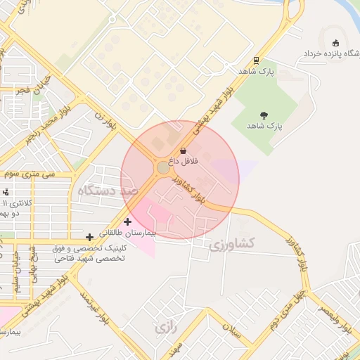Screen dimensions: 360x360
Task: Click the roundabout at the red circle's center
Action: (163, 168)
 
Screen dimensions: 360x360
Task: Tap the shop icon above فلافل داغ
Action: (184, 150)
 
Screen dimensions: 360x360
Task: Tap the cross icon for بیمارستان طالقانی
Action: (127, 221)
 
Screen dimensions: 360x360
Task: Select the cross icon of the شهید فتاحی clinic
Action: (89, 238)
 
